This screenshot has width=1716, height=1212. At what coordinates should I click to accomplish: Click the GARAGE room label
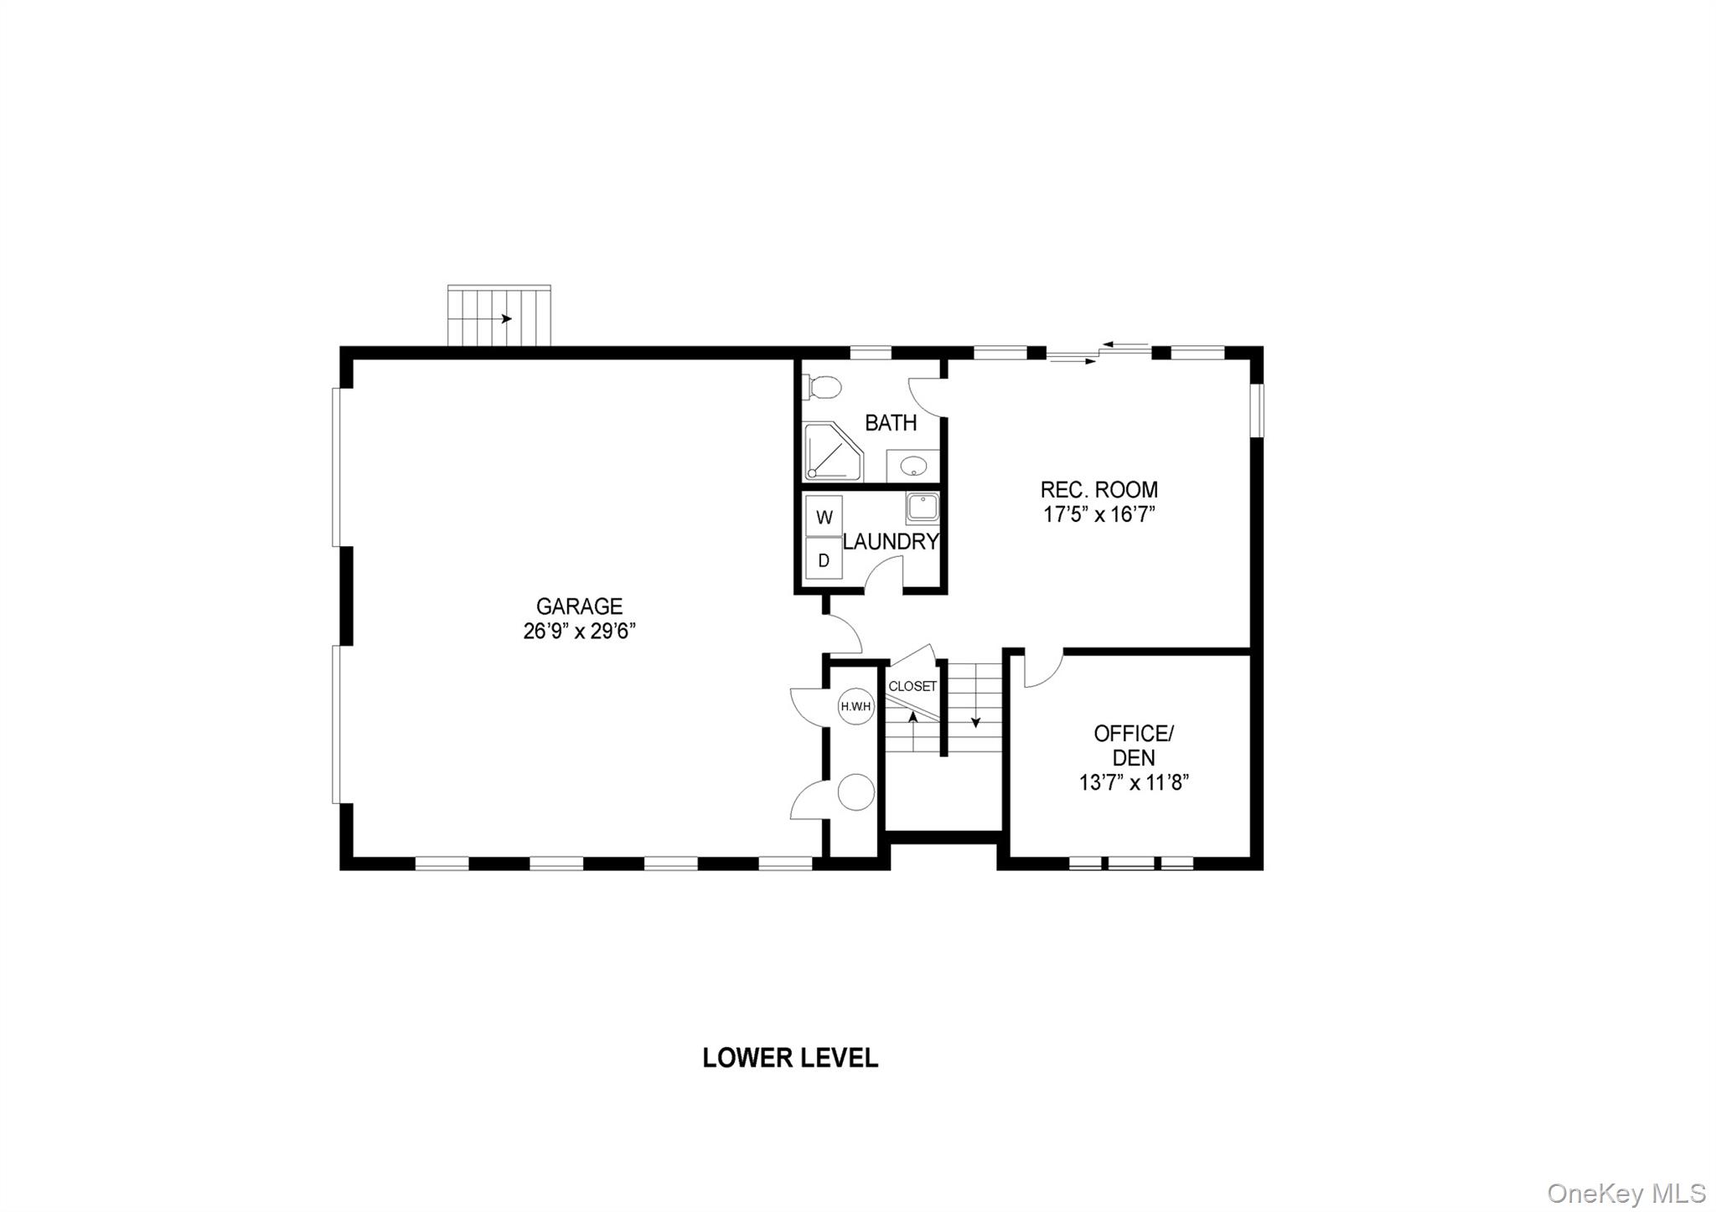click(579, 606)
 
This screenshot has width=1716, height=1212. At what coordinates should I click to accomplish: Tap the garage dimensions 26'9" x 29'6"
click(579, 631)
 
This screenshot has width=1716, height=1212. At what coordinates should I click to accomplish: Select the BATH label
click(891, 423)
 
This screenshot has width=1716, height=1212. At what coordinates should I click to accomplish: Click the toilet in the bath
click(823, 388)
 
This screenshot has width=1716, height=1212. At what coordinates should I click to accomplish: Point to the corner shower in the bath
click(831, 453)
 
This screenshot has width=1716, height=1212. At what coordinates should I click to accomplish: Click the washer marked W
click(824, 517)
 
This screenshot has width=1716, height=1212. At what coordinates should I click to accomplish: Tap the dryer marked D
click(824, 560)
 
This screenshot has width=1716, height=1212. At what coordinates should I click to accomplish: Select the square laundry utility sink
click(923, 508)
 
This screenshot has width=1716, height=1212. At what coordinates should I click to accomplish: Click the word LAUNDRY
click(891, 542)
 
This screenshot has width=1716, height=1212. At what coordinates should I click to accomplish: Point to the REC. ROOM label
click(1098, 489)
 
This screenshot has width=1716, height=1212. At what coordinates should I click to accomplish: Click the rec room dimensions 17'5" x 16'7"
click(1098, 514)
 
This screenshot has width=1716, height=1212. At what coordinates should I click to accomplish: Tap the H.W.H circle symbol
click(856, 707)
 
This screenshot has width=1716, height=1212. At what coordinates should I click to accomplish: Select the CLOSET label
click(912, 687)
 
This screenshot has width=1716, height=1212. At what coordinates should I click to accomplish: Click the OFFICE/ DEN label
click(1134, 745)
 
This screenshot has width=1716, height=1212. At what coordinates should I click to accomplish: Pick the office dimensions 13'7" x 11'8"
click(1134, 783)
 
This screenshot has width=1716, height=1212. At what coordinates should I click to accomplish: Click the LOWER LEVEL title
click(790, 1058)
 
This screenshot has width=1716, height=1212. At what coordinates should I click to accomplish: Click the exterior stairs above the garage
click(499, 316)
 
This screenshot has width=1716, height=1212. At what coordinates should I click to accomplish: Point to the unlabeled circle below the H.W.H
click(856, 792)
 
